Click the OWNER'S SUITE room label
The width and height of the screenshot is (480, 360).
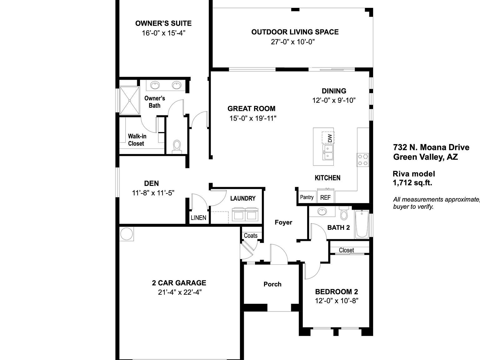(163, 23)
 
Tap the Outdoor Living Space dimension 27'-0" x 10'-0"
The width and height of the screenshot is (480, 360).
(292, 42)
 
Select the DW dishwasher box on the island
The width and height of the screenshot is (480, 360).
(328, 137)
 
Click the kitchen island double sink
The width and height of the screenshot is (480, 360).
(328, 152)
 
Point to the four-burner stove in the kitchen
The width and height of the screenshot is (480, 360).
(362, 159)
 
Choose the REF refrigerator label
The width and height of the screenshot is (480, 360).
(325, 198)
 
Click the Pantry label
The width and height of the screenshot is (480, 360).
(307, 197)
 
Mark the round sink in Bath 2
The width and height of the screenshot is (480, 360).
(322, 212)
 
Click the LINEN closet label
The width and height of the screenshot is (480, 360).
(198, 218)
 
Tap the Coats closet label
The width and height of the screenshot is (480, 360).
(251, 236)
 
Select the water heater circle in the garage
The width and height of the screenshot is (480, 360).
(127, 234)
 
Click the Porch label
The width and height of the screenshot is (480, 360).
(272, 284)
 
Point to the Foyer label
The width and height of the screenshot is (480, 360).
(283, 222)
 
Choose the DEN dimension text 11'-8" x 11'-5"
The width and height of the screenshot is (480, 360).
(153, 193)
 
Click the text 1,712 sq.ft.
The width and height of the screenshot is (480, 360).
(412, 183)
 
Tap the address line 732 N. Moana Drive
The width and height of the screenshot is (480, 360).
(431, 147)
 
